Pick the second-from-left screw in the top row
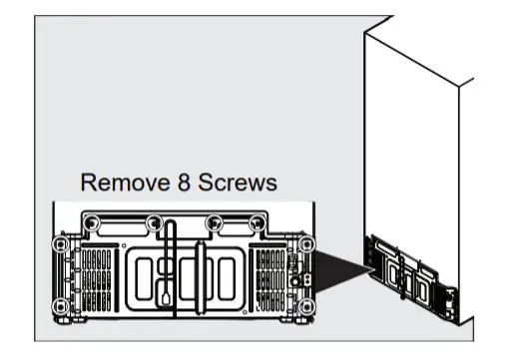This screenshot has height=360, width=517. (153, 222)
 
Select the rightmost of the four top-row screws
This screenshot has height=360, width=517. (266, 222)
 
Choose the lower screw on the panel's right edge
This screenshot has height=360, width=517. (305, 304)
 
